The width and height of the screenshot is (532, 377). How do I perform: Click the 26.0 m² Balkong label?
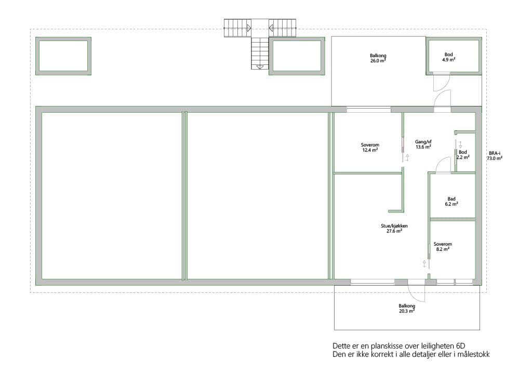pyautogui.click(x=378, y=58)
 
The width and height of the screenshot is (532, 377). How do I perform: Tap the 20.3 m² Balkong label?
pyautogui.click(x=407, y=308)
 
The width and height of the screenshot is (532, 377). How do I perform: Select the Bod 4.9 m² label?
pyautogui.click(x=448, y=57)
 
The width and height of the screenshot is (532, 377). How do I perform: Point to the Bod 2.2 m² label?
pyautogui.click(x=463, y=155)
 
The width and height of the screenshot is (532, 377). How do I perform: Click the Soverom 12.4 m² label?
pyautogui.click(x=370, y=147)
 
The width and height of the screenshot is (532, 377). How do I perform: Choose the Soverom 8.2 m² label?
pyautogui.click(x=443, y=247)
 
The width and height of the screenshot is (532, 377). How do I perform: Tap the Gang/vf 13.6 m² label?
pyautogui.click(x=423, y=144)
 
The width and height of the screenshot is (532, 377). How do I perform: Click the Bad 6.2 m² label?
pyautogui.click(x=451, y=201)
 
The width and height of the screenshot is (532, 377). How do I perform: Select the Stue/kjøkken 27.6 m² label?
pyautogui.click(x=394, y=228)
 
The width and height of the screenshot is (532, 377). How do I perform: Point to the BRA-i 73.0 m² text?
pyautogui.click(x=495, y=156)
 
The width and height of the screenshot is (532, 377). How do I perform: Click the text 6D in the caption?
pyautogui.click(x=461, y=346)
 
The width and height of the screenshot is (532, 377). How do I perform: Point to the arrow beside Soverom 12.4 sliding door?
pyautogui.click(x=407, y=157)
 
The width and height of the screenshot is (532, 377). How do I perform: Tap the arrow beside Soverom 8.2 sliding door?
pyautogui.click(x=424, y=264)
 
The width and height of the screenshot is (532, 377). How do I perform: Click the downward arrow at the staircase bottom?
pyautogui.click(x=260, y=67)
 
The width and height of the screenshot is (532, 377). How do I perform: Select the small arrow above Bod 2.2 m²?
pyautogui.click(x=460, y=144)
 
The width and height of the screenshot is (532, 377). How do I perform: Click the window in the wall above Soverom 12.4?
pyautogui.click(x=368, y=110)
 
